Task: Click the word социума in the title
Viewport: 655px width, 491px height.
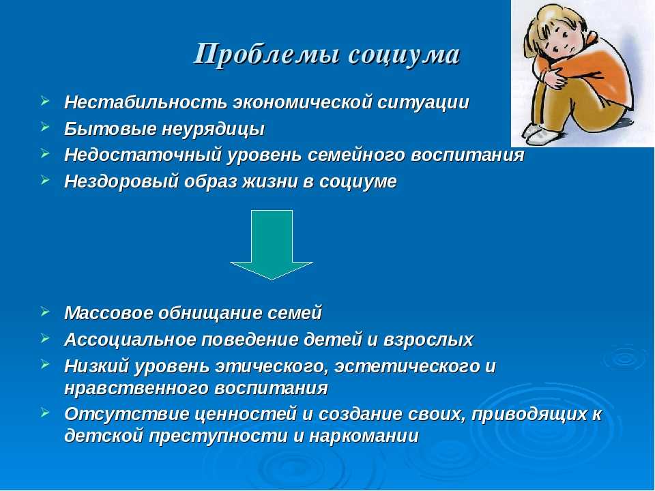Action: click(x=404, y=55)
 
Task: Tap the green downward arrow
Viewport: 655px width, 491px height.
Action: click(x=272, y=245)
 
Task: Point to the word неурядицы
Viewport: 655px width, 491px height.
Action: click(x=213, y=130)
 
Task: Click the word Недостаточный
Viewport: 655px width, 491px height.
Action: click(x=143, y=155)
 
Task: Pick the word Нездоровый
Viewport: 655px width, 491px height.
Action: click(x=121, y=181)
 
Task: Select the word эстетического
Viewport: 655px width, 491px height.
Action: click(x=408, y=367)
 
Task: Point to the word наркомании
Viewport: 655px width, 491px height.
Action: click(x=364, y=436)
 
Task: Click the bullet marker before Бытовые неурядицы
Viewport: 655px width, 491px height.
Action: click(x=46, y=127)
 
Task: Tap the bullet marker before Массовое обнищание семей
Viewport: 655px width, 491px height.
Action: click(x=46, y=311)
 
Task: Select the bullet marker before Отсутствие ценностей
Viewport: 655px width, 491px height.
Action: click(x=46, y=413)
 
